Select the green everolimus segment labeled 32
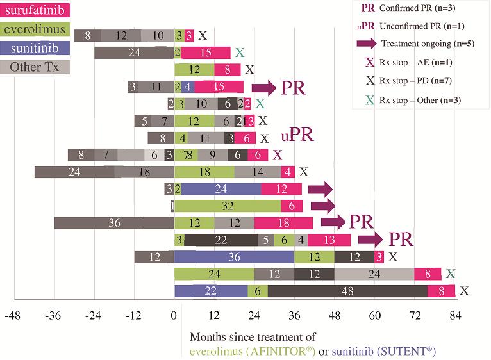coord(228,206)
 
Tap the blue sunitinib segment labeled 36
coord(234,257)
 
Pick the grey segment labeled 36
coord(114,223)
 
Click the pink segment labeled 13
coord(329,240)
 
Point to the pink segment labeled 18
coord(283,223)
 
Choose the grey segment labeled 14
coord(258,172)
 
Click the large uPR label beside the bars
coord(297,136)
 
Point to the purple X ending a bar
coord(278,154)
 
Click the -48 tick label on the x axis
coord(13,316)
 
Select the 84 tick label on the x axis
coord(455,316)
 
